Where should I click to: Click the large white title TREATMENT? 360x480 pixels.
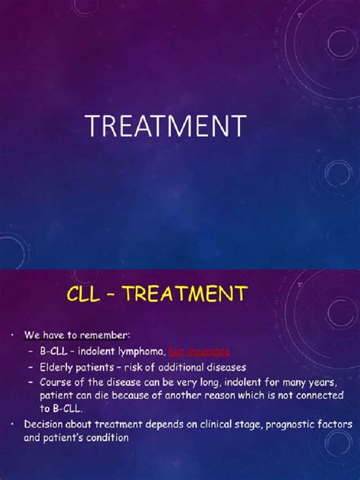point(166,125)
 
